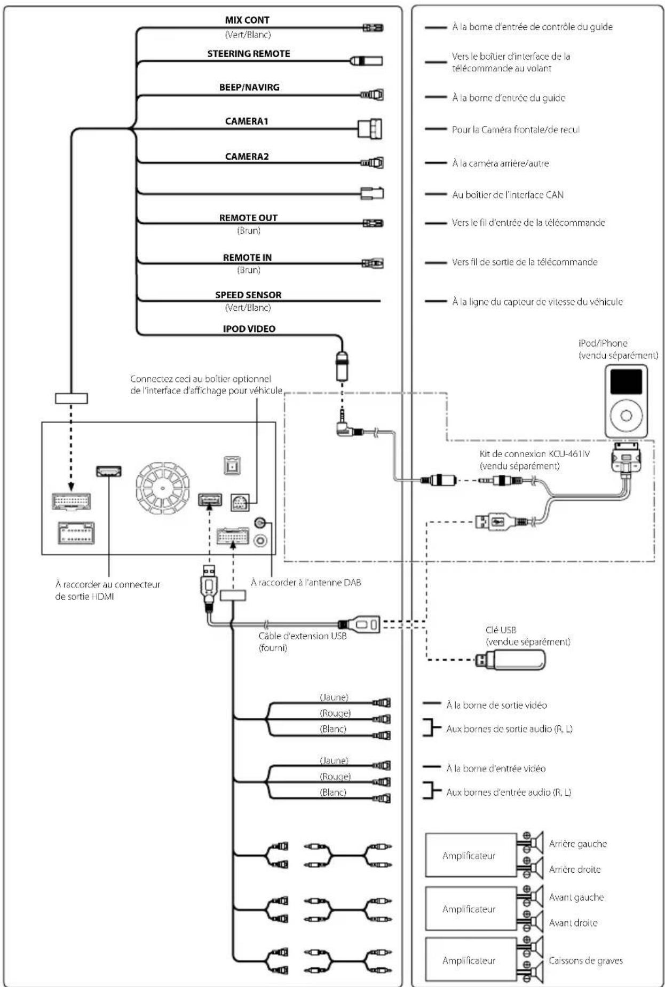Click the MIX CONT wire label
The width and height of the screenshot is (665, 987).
247,20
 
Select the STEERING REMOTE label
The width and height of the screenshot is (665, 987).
249,54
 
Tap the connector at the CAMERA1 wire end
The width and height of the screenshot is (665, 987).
370,129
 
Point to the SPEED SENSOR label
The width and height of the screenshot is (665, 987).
248,295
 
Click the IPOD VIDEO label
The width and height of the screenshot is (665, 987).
249,329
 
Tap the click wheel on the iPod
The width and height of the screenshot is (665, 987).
626,416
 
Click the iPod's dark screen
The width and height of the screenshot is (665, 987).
626,382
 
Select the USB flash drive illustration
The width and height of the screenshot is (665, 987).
510,660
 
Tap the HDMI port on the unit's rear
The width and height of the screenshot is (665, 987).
108,471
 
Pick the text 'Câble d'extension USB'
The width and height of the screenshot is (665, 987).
303,636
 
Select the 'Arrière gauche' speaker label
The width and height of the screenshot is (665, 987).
578,844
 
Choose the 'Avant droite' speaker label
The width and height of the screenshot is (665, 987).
573,923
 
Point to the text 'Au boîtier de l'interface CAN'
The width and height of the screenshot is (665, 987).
508,195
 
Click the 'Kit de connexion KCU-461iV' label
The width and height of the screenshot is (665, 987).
527,454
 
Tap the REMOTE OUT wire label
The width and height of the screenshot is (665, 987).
248,218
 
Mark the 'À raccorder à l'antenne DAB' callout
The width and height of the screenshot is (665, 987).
306,583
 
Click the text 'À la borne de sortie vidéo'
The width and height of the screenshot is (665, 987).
496,706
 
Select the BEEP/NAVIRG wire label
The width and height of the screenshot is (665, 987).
249,88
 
